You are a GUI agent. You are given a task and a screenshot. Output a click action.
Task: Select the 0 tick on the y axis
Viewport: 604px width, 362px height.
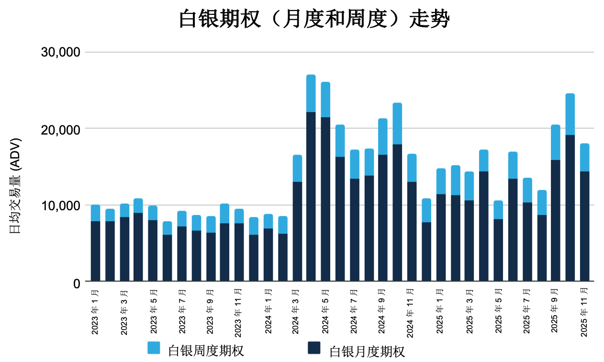76,283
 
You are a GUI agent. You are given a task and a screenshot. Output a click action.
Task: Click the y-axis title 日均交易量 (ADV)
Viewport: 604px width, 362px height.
16,186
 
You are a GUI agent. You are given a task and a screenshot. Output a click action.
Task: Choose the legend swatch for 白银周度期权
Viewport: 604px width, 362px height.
154,348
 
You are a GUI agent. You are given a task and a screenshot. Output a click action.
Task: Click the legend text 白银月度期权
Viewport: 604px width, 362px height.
367,351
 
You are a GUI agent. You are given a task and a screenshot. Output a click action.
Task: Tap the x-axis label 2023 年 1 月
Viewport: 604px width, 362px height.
95,312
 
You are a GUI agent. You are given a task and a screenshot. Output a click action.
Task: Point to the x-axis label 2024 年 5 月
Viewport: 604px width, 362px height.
325,312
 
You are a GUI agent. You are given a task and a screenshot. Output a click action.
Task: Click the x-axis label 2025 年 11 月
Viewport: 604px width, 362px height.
584,312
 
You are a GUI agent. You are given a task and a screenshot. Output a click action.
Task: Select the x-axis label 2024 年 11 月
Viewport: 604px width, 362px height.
412,312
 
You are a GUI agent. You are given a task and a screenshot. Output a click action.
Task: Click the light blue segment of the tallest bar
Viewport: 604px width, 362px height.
311,93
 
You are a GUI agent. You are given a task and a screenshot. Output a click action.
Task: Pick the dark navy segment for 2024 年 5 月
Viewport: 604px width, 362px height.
325,199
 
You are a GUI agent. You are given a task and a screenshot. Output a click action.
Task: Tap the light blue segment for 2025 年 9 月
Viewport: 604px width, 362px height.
556,142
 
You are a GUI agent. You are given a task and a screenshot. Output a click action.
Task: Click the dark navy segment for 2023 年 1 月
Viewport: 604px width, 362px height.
95,251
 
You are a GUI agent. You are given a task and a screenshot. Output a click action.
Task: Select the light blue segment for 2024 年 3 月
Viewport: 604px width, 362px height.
297,168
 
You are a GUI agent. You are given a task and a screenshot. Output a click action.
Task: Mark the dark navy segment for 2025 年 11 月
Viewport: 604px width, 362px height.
584,226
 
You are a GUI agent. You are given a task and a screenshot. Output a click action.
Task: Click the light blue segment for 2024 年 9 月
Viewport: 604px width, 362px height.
383,136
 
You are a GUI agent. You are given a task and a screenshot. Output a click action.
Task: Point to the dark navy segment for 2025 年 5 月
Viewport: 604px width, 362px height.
498,250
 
